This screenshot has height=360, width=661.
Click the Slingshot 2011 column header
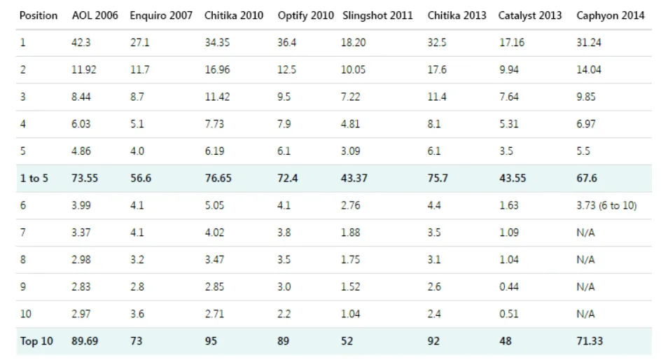(x=377, y=15)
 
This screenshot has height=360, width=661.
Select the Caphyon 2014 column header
(x=611, y=15)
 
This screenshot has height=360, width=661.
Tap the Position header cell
(x=39, y=15)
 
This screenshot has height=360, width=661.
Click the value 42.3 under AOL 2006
(x=81, y=43)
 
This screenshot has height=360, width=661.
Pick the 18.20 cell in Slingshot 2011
(x=354, y=43)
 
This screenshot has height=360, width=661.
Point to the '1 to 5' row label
(x=34, y=179)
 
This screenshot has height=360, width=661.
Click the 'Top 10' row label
(x=36, y=341)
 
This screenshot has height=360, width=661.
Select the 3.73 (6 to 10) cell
(x=606, y=205)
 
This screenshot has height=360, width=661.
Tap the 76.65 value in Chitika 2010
(x=218, y=179)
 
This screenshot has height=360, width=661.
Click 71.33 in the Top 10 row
(x=590, y=341)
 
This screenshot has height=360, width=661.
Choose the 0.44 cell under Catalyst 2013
(x=509, y=286)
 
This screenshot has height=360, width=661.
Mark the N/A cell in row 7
(x=585, y=233)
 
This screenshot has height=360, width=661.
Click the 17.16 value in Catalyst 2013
(x=512, y=43)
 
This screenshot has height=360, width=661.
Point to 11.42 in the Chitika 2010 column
(x=217, y=97)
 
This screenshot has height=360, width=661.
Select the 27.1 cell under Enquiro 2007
(x=139, y=43)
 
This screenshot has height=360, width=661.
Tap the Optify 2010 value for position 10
(x=284, y=314)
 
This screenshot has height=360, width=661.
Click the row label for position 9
(x=23, y=286)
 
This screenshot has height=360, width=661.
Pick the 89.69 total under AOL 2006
(x=85, y=341)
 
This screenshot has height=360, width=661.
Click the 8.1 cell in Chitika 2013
(x=434, y=124)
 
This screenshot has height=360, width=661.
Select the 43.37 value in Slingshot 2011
(x=354, y=179)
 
